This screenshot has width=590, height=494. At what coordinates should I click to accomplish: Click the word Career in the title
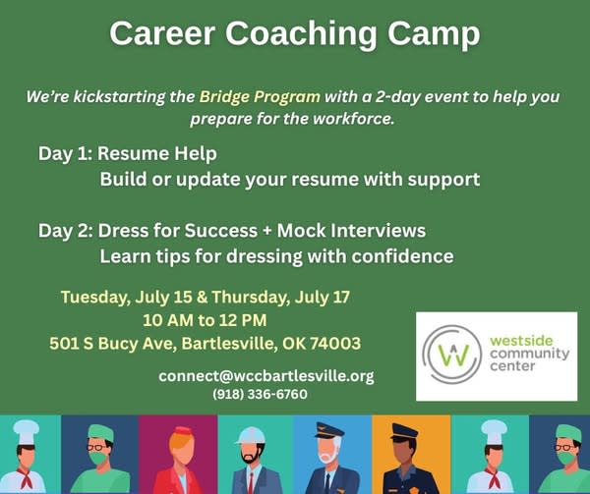click(x=162, y=33)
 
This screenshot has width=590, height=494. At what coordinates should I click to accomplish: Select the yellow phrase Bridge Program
click(x=260, y=97)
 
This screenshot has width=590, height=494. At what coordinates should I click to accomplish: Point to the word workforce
click(x=353, y=119)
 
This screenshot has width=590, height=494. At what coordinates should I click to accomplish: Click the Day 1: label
click(x=65, y=154)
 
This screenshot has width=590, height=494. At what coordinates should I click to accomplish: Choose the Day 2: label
click(x=66, y=231)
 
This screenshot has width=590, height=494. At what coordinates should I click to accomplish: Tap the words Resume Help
click(x=157, y=153)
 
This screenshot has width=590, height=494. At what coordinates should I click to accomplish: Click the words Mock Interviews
click(x=351, y=230)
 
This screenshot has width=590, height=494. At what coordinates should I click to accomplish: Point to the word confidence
click(x=402, y=256)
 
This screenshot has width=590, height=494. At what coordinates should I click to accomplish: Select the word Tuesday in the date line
click(x=93, y=298)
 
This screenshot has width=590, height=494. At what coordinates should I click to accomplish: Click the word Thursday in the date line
click(x=251, y=298)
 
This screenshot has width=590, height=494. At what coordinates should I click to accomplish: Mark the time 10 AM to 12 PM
click(x=205, y=320)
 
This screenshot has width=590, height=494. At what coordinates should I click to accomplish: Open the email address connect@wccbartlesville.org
click(x=266, y=376)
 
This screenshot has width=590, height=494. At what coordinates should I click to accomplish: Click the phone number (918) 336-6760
click(x=260, y=395)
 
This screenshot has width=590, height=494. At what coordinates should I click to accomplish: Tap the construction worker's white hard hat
click(x=250, y=436)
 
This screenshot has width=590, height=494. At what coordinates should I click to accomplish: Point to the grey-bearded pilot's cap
click(x=329, y=430)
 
